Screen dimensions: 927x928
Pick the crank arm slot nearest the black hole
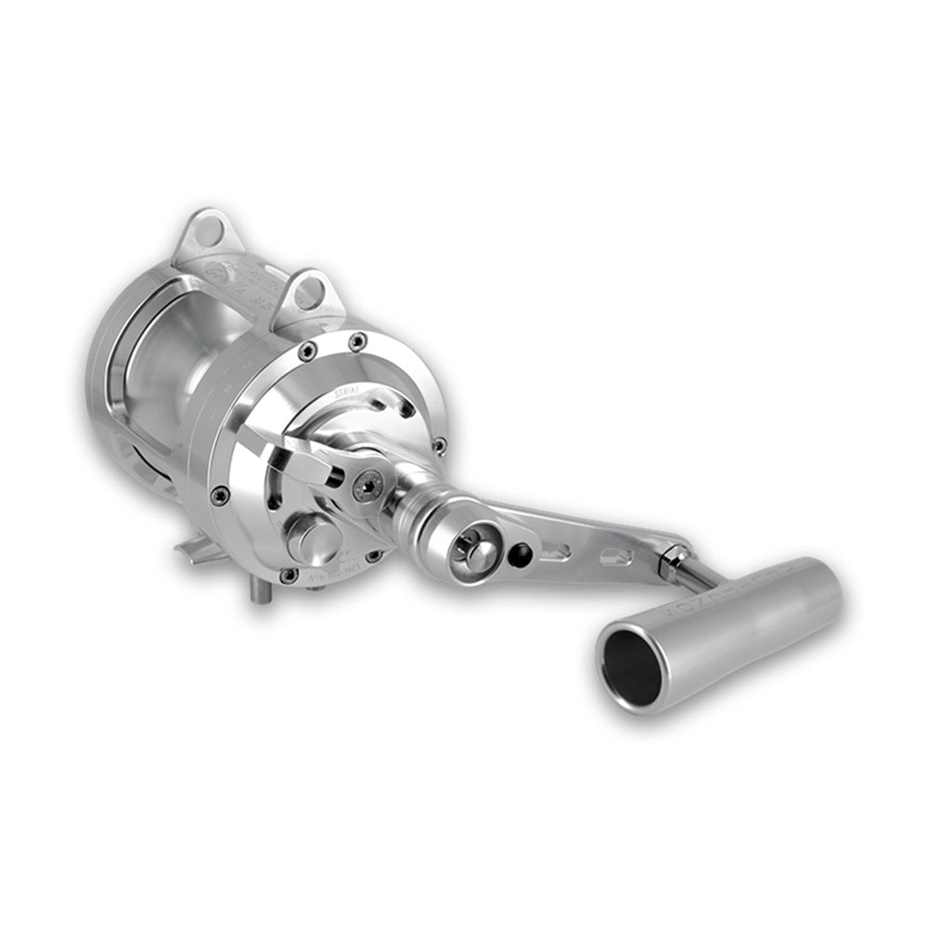point(556,552)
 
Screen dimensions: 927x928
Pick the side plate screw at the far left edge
point(220,496)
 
